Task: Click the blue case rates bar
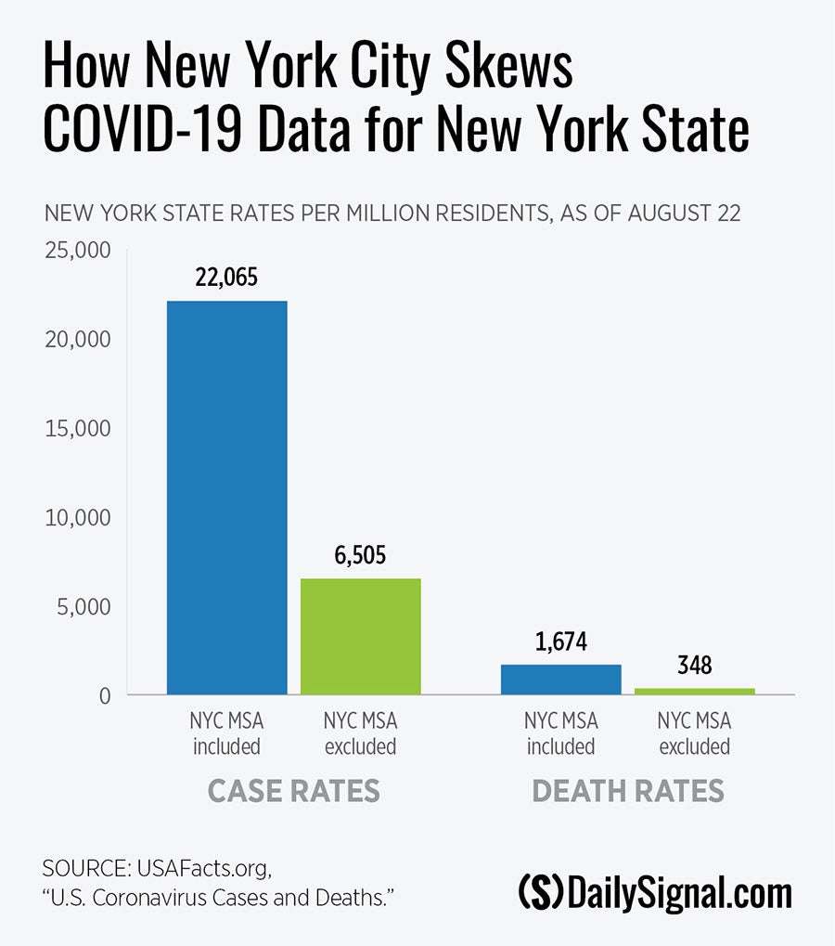point(226,497)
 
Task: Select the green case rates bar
point(360,636)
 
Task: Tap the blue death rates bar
point(560,679)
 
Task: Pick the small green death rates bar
point(694,691)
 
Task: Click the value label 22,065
point(226,278)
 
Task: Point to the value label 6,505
point(360,555)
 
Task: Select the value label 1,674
point(560,641)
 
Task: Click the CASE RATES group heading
point(293,790)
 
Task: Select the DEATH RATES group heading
point(627,790)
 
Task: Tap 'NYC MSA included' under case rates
point(226,732)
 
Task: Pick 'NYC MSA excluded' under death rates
point(694,732)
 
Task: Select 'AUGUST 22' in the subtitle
point(684,213)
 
